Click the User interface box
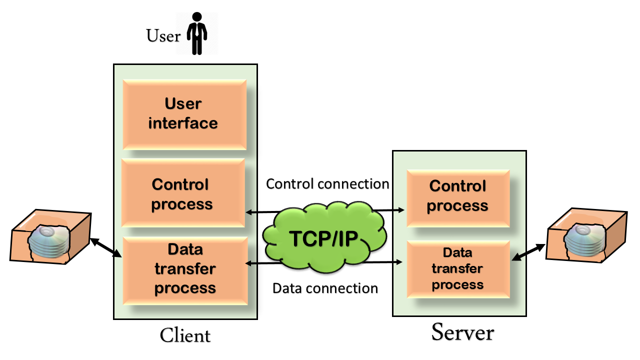pos(184,113)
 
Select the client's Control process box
pos(183,194)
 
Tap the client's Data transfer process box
pos(185,269)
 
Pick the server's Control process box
pos(457,196)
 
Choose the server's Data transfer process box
pos(457,268)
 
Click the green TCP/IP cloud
pos(324,239)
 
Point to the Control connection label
pos(327,184)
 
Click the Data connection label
pos(325,288)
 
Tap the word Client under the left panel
pos(185,335)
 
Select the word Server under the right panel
pos(462,332)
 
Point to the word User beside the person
pos(163,36)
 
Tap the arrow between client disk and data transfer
pos(106,248)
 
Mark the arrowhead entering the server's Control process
pos(400,210)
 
